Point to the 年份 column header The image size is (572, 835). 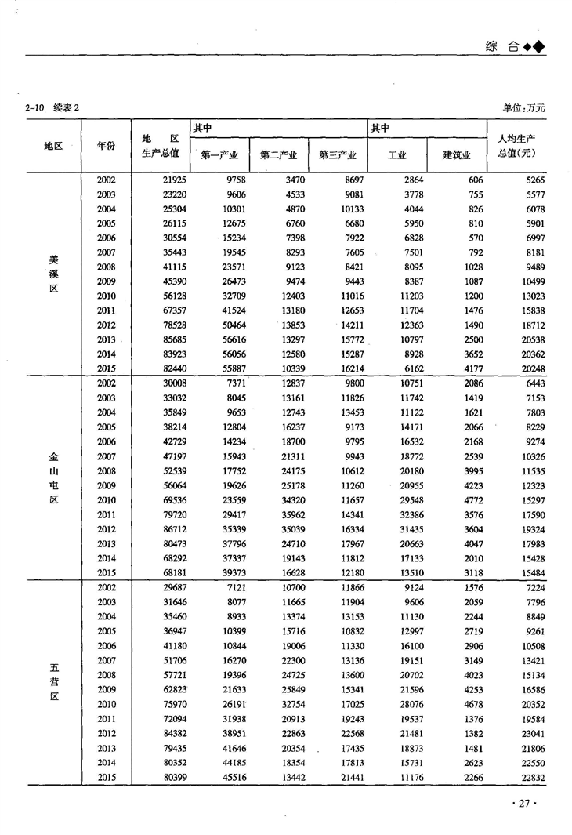(106, 146)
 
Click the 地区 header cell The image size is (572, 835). (53, 146)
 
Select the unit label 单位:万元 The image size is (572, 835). (524, 107)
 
